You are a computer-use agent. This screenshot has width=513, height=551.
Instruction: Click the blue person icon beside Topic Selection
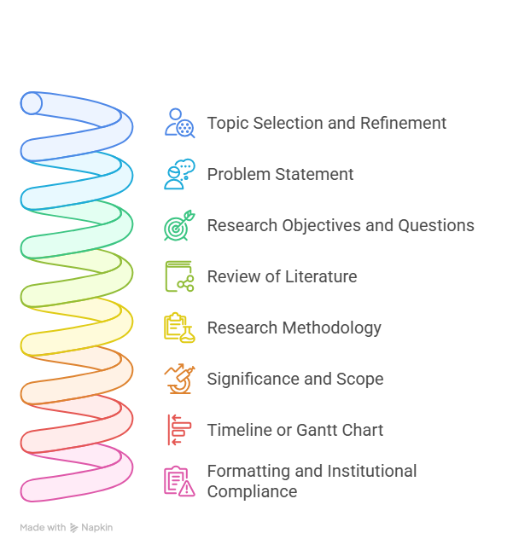(179, 123)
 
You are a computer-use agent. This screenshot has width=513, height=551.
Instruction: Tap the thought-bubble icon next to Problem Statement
(179, 174)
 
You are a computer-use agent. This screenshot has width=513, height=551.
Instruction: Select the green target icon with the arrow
(179, 225)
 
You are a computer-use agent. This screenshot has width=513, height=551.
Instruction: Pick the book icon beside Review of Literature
(179, 276)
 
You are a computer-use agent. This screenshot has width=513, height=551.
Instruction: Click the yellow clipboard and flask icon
(179, 328)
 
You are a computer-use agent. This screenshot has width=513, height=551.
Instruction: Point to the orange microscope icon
(179, 379)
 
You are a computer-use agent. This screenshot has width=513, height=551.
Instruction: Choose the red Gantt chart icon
(179, 430)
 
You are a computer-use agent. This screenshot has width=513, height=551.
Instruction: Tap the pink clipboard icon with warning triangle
(179, 481)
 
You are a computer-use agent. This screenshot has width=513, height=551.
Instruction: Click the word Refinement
(403, 123)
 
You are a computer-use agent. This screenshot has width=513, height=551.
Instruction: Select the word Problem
(239, 174)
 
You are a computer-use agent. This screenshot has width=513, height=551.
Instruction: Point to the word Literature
(321, 276)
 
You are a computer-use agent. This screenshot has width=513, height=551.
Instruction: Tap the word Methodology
(331, 328)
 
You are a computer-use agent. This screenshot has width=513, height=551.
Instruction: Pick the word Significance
(254, 380)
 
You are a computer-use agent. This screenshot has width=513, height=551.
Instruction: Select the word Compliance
(252, 491)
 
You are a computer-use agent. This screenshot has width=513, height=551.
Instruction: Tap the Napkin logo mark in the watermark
(73, 528)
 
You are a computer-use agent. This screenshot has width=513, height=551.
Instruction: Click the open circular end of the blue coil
(32, 103)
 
